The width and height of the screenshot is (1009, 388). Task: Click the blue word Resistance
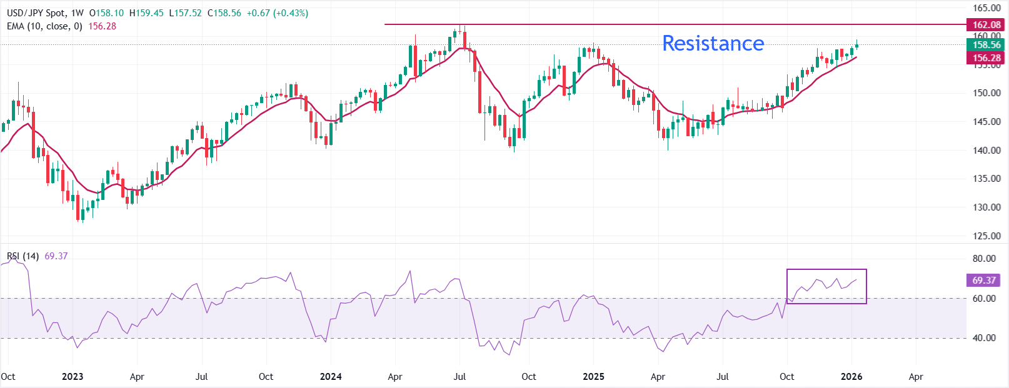pyautogui.click(x=713, y=43)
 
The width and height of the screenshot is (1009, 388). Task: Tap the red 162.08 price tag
pyautogui.click(x=986, y=25)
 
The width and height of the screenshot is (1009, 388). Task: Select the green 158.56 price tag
pyautogui.click(x=986, y=45)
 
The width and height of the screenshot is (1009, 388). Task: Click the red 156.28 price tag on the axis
pyautogui.click(x=986, y=58)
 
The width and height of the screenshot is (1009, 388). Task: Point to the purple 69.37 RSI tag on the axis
pyautogui.click(x=984, y=281)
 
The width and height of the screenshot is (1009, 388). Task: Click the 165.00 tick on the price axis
pyautogui.click(x=986, y=8)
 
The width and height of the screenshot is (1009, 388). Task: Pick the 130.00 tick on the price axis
pyautogui.click(x=986, y=207)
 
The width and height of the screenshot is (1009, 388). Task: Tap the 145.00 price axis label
pyautogui.click(x=986, y=122)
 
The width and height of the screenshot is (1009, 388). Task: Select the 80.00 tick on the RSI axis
pyautogui.click(x=984, y=259)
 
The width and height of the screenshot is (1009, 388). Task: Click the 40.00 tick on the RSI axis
pyautogui.click(x=984, y=338)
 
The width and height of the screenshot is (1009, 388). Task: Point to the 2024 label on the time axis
pyautogui.click(x=331, y=377)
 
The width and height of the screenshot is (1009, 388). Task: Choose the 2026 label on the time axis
pyautogui.click(x=851, y=377)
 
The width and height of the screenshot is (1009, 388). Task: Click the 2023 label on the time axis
pyautogui.click(x=73, y=377)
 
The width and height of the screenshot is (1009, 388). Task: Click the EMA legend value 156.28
pyautogui.click(x=102, y=26)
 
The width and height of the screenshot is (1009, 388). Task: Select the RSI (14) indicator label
pyautogui.click(x=23, y=256)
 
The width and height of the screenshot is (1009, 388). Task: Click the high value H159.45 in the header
pyautogui.click(x=146, y=13)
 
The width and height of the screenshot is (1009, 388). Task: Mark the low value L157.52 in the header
pyautogui.click(x=186, y=13)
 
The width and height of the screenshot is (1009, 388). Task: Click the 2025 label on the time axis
pyautogui.click(x=593, y=377)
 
